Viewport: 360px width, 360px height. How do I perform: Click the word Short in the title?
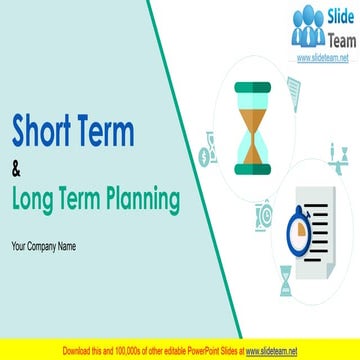point(44,130)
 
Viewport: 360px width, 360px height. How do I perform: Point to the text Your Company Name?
point(44,245)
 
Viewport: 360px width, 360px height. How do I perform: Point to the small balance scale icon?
point(338,154)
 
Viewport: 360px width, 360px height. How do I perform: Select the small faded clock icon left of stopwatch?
point(264,213)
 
